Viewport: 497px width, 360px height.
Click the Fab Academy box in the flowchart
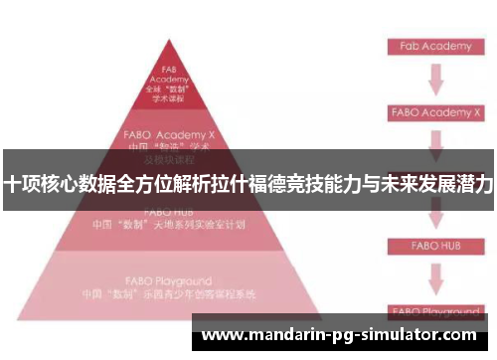tap(433, 47)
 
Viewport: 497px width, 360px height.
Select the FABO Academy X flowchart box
tap(433, 111)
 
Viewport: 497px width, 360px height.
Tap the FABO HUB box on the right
tap(433, 243)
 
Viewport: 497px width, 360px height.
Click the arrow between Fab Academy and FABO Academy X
tap(434, 79)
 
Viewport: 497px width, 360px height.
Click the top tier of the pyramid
tap(169, 84)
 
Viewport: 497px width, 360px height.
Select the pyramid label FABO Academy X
tap(169, 132)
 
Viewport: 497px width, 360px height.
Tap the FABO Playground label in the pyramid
tap(169, 281)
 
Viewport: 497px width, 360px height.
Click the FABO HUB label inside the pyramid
tap(169, 212)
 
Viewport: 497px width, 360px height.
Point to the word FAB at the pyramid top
tap(169, 70)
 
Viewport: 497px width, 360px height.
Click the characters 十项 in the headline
tap(22, 184)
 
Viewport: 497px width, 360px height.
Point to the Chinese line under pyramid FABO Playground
tap(169, 295)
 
